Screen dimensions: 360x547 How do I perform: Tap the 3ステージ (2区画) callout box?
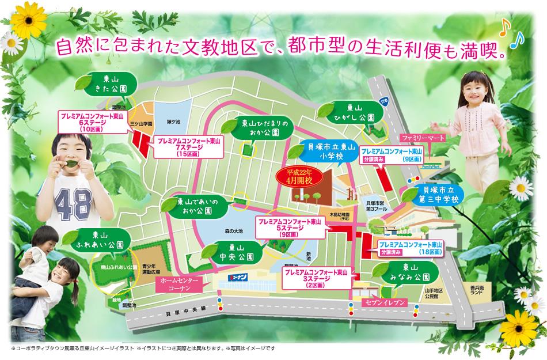[x=314, y=278]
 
